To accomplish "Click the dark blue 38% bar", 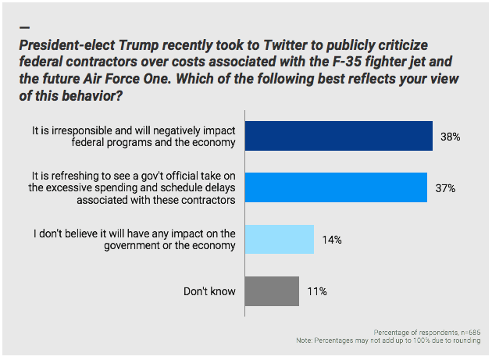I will (x=339, y=136).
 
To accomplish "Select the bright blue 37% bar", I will (x=336, y=187).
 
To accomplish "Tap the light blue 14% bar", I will (x=280, y=239).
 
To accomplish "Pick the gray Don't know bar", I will (x=272, y=291).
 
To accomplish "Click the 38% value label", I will (x=449, y=137).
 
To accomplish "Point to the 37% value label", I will (x=444, y=188).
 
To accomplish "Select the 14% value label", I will (x=331, y=240).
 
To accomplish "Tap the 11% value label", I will (x=316, y=291).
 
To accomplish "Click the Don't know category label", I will (x=210, y=291).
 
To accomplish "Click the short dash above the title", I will (x=23, y=27).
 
